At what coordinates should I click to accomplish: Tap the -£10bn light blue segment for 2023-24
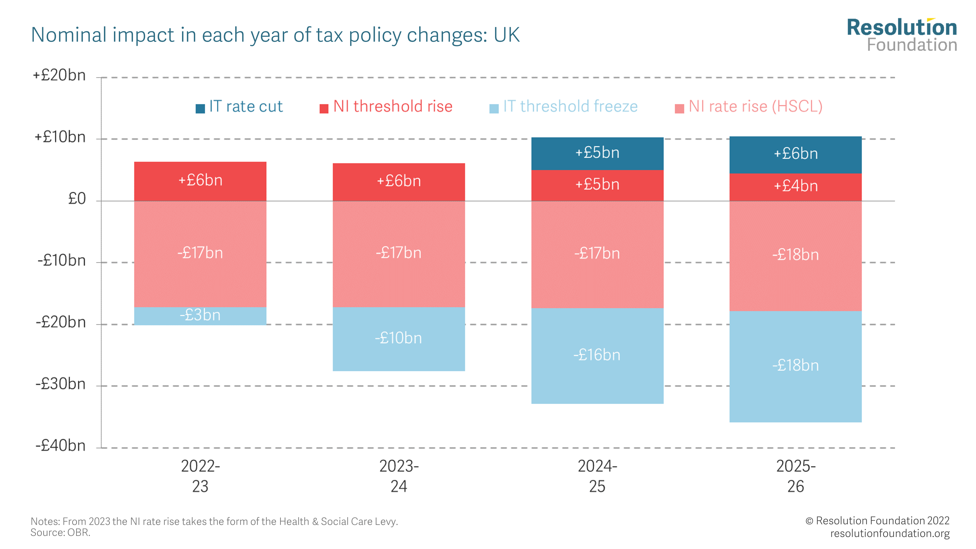pyautogui.click(x=399, y=338)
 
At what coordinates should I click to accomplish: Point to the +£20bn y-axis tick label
pyautogui.click(x=60, y=75)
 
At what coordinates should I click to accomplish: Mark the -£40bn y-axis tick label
pyautogui.click(x=61, y=446)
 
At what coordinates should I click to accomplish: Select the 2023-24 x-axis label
pyautogui.click(x=399, y=476)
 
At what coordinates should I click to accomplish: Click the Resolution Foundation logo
pyautogui.click(x=902, y=35)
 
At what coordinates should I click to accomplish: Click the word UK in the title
pyautogui.click(x=506, y=35)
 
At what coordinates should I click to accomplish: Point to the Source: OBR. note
pyautogui.click(x=60, y=533)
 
